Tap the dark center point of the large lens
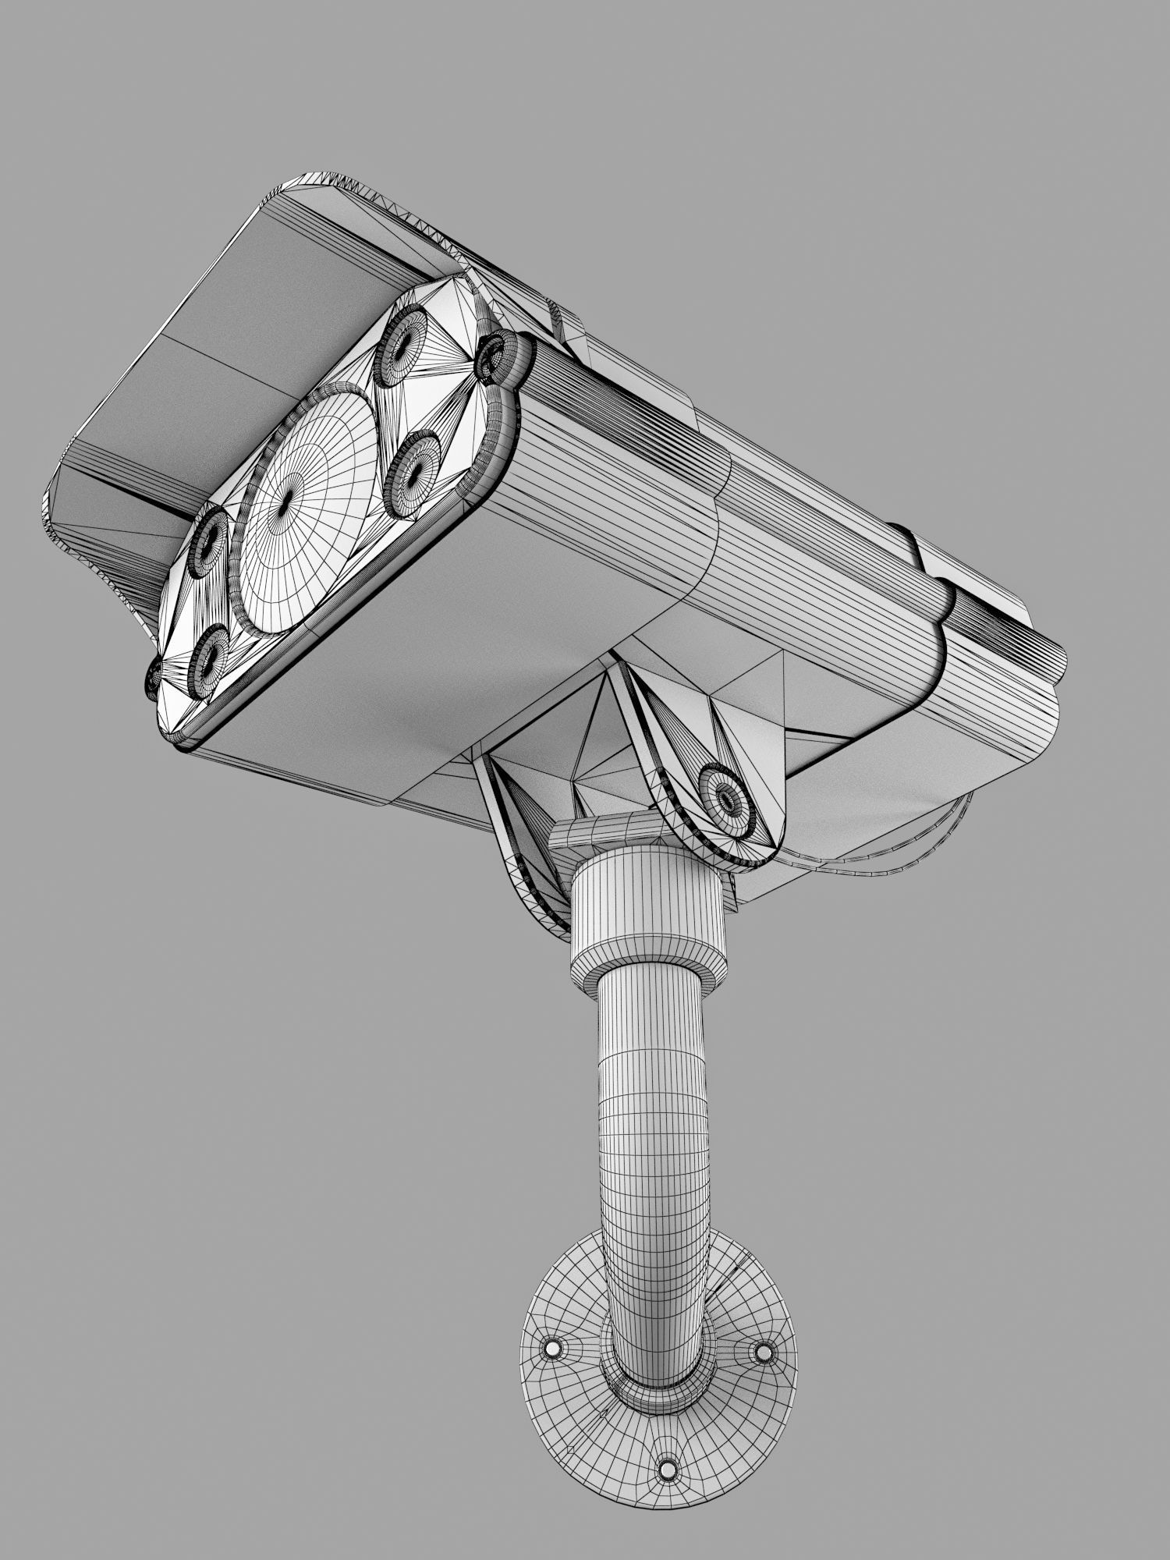click(x=285, y=499)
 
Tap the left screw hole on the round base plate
click(x=553, y=1347)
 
